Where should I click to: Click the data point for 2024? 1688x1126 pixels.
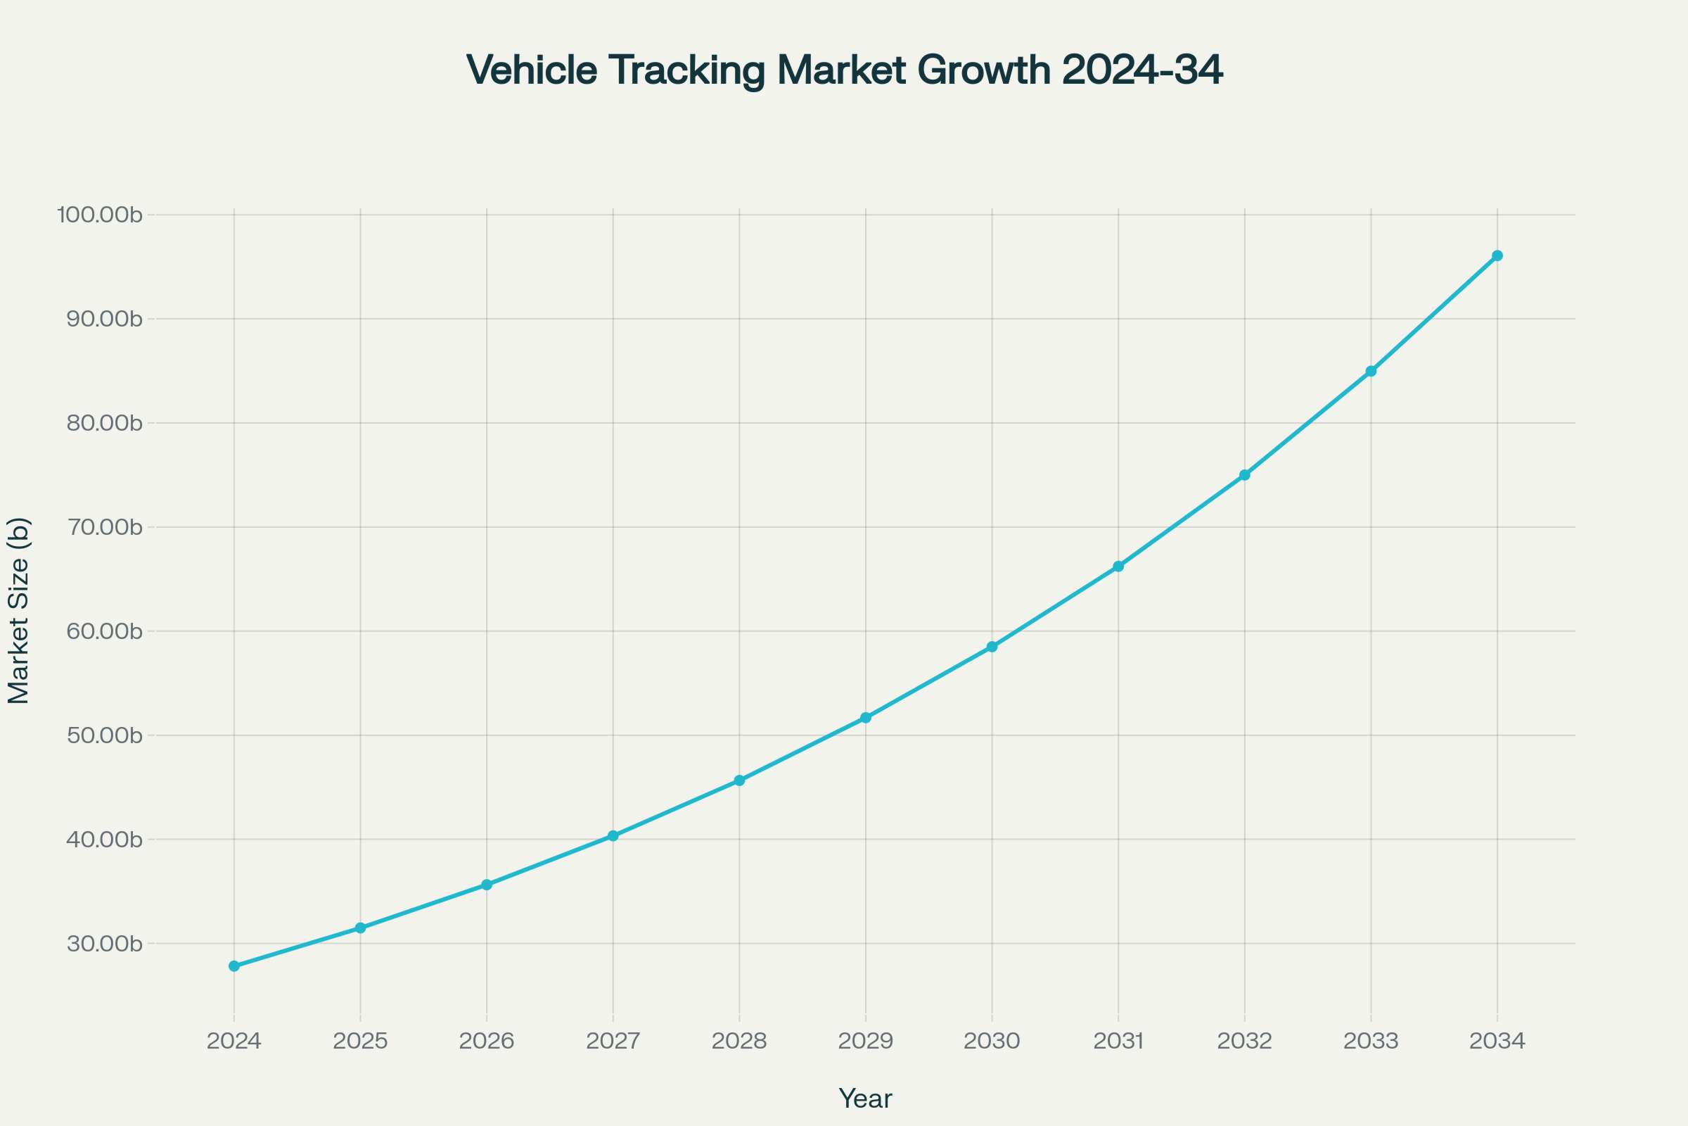[x=234, y=966]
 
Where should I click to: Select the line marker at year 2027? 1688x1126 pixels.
[x=613, y=836]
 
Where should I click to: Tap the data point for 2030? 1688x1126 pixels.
[x=992, y=646]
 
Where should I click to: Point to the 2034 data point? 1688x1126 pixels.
[x=1497, y=255]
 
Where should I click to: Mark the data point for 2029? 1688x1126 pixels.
[x=866, y=717]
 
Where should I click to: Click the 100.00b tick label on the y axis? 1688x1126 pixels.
[x=100, y=215]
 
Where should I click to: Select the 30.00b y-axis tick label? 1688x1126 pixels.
[x=104, y=944]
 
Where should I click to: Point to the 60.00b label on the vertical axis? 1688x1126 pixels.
[x=104, y=631]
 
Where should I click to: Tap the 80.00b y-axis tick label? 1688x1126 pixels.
[x=104, y=423]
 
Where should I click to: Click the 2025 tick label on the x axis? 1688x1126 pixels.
[x=360, y=1042]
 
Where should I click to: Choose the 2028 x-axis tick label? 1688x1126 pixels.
[x=739, y=1042]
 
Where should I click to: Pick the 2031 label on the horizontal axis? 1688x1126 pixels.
[x=1118, y=1042]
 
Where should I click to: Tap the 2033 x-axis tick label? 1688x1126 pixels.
[x=1371, y=1042]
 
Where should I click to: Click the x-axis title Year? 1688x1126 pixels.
[x=866, y=1099]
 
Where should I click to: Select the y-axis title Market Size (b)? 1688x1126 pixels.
[x=19, y=610]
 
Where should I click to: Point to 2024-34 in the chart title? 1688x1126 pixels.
[x=1142, y=70]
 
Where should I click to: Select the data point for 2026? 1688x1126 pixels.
[x=487, y=885]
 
